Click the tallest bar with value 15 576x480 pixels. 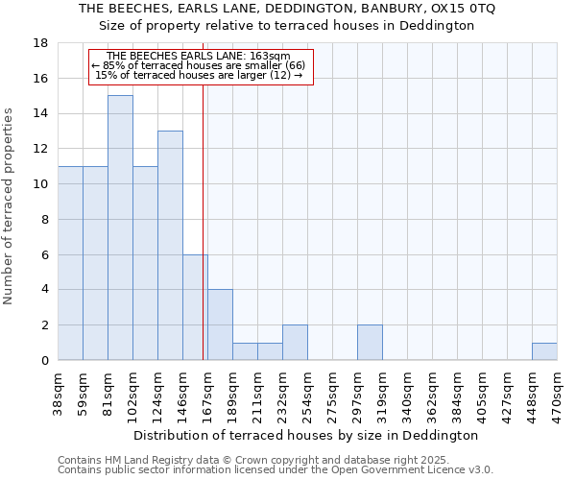120,228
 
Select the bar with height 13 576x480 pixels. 170,245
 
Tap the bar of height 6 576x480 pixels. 195,307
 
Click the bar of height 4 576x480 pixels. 220,324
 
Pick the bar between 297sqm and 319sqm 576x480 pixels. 370,343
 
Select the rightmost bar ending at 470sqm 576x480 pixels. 544,351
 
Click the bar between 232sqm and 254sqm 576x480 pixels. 295,343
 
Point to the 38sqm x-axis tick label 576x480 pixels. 58,392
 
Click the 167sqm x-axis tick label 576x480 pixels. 207,392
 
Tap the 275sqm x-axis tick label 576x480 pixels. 332,392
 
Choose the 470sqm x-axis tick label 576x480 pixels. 557,392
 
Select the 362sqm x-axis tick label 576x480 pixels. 432,392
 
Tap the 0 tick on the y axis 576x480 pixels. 44,361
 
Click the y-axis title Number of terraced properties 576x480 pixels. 10,206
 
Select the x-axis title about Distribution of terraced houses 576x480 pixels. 307,435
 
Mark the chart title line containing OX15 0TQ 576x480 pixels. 288,9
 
